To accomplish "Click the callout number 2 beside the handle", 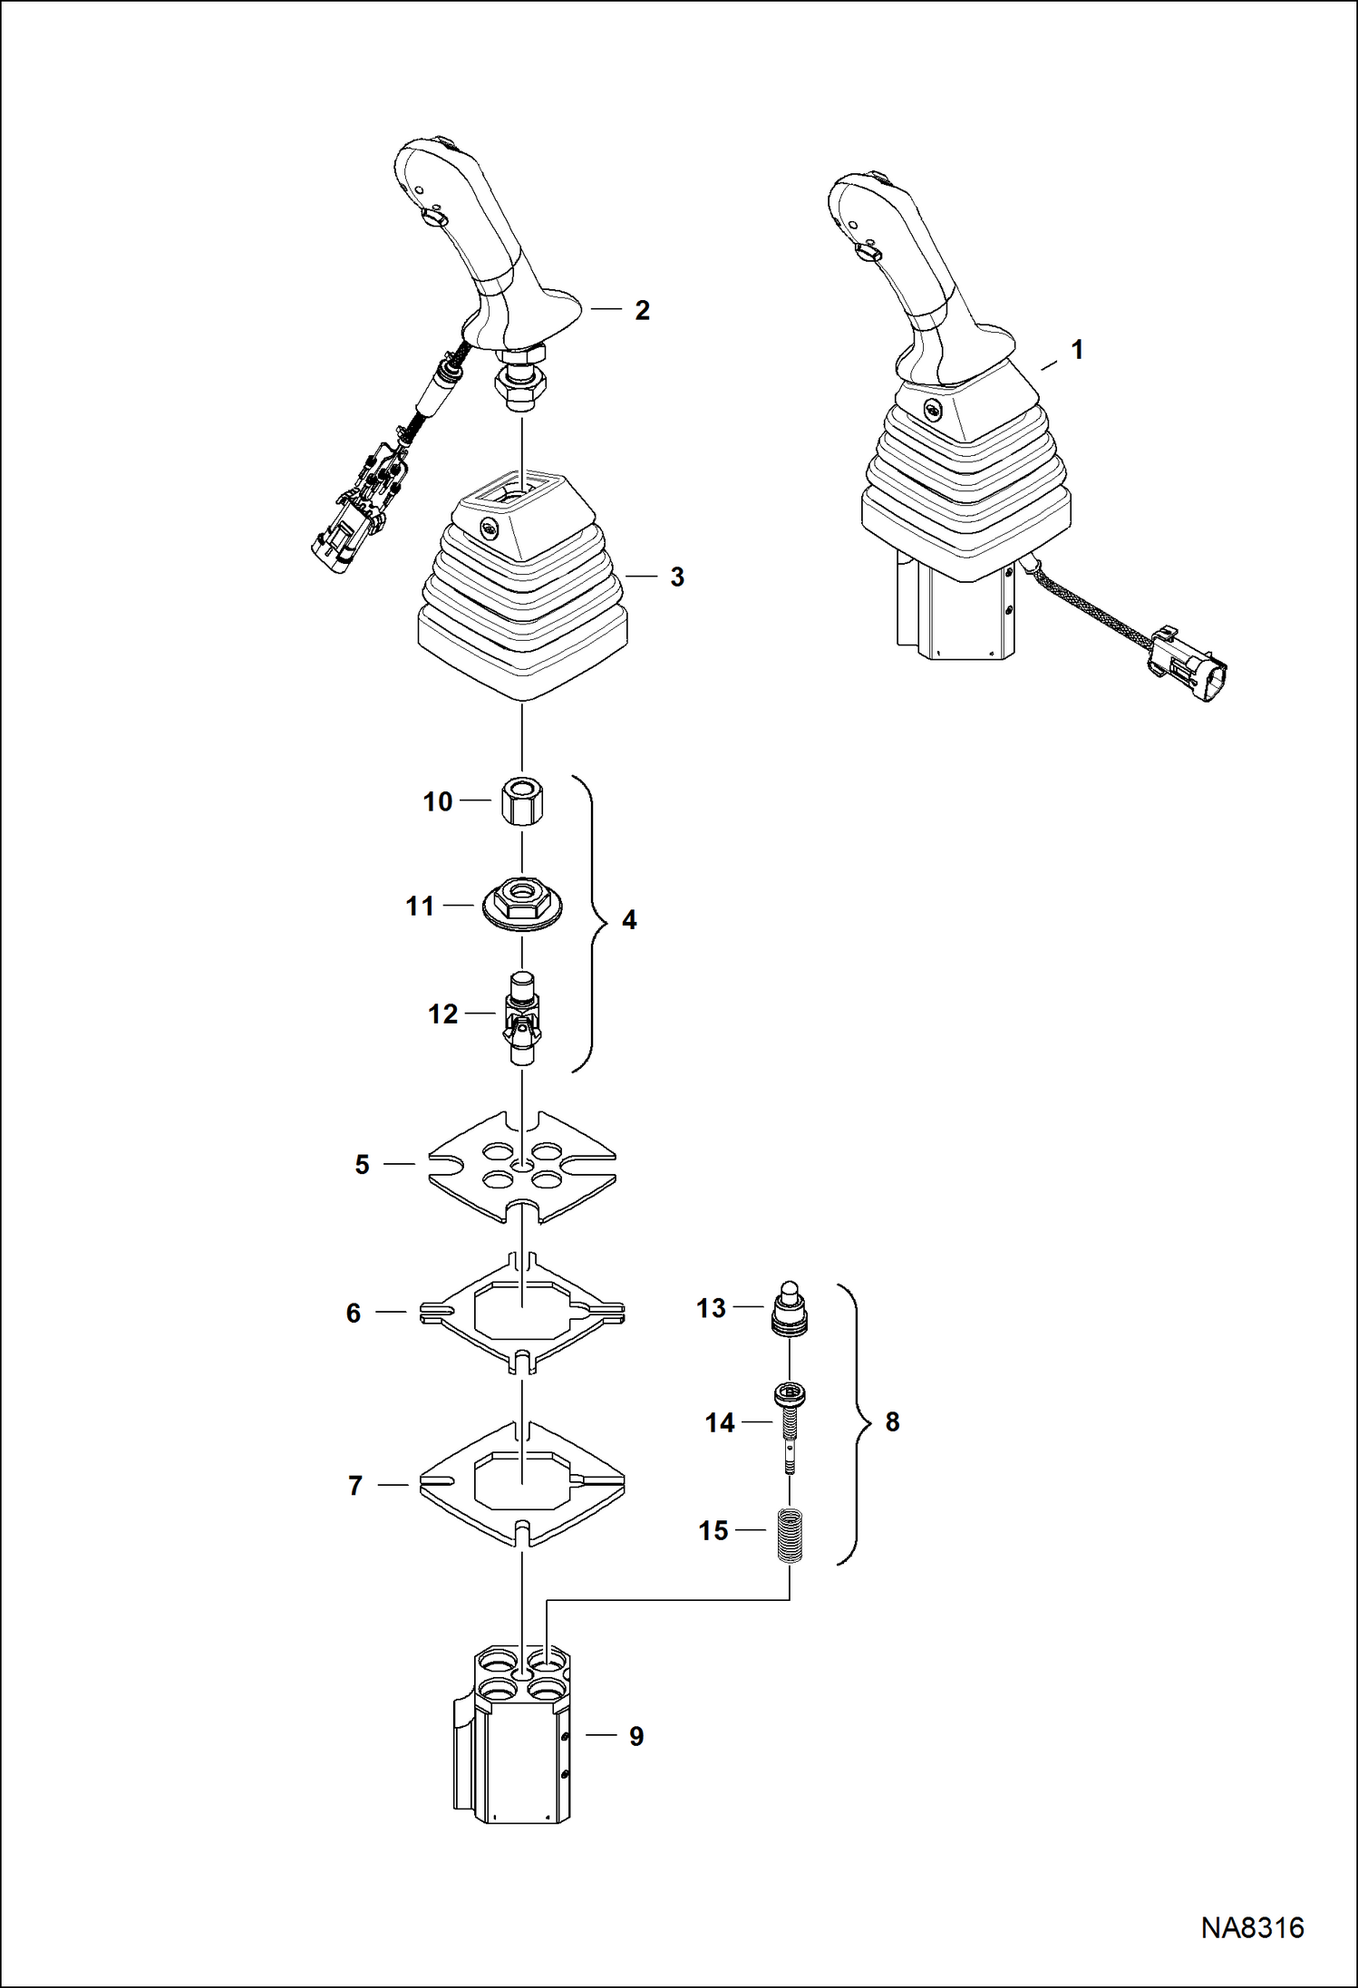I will click(x=642, y=311).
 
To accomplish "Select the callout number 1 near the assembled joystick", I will click(x=1077, y=350).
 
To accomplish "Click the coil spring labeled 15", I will click(x=791, y=1533).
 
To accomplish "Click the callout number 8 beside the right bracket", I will click(x=892, y=1421).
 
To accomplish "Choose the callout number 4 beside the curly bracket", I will click(x=629, y=920).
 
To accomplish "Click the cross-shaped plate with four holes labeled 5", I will click(x=522, y=1166).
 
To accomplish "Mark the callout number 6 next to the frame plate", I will click(x=354, y=1313).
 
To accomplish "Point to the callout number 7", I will click(x=355, y=1486).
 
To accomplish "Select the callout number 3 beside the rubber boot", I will click(x=676, y=577).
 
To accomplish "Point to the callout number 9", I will click(x=636, y=1736).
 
